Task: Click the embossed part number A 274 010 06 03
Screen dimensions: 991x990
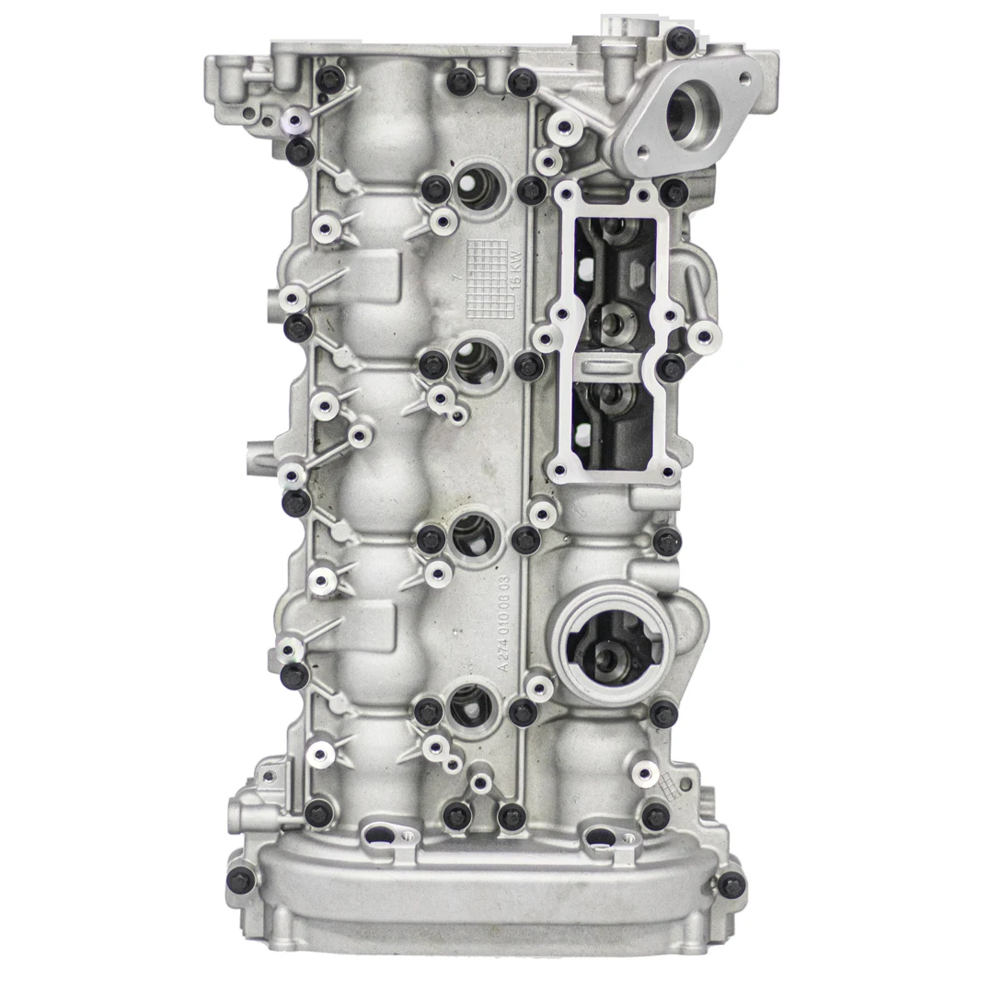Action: click(503, 626)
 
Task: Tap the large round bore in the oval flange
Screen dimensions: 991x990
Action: click(685, 114)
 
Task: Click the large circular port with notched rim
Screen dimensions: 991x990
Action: click(608, 644)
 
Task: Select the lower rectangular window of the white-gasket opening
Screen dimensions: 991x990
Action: click(614, 421)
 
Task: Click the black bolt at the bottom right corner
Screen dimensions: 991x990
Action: click(731, 885)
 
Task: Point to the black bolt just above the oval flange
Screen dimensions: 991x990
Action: click(680, 39)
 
